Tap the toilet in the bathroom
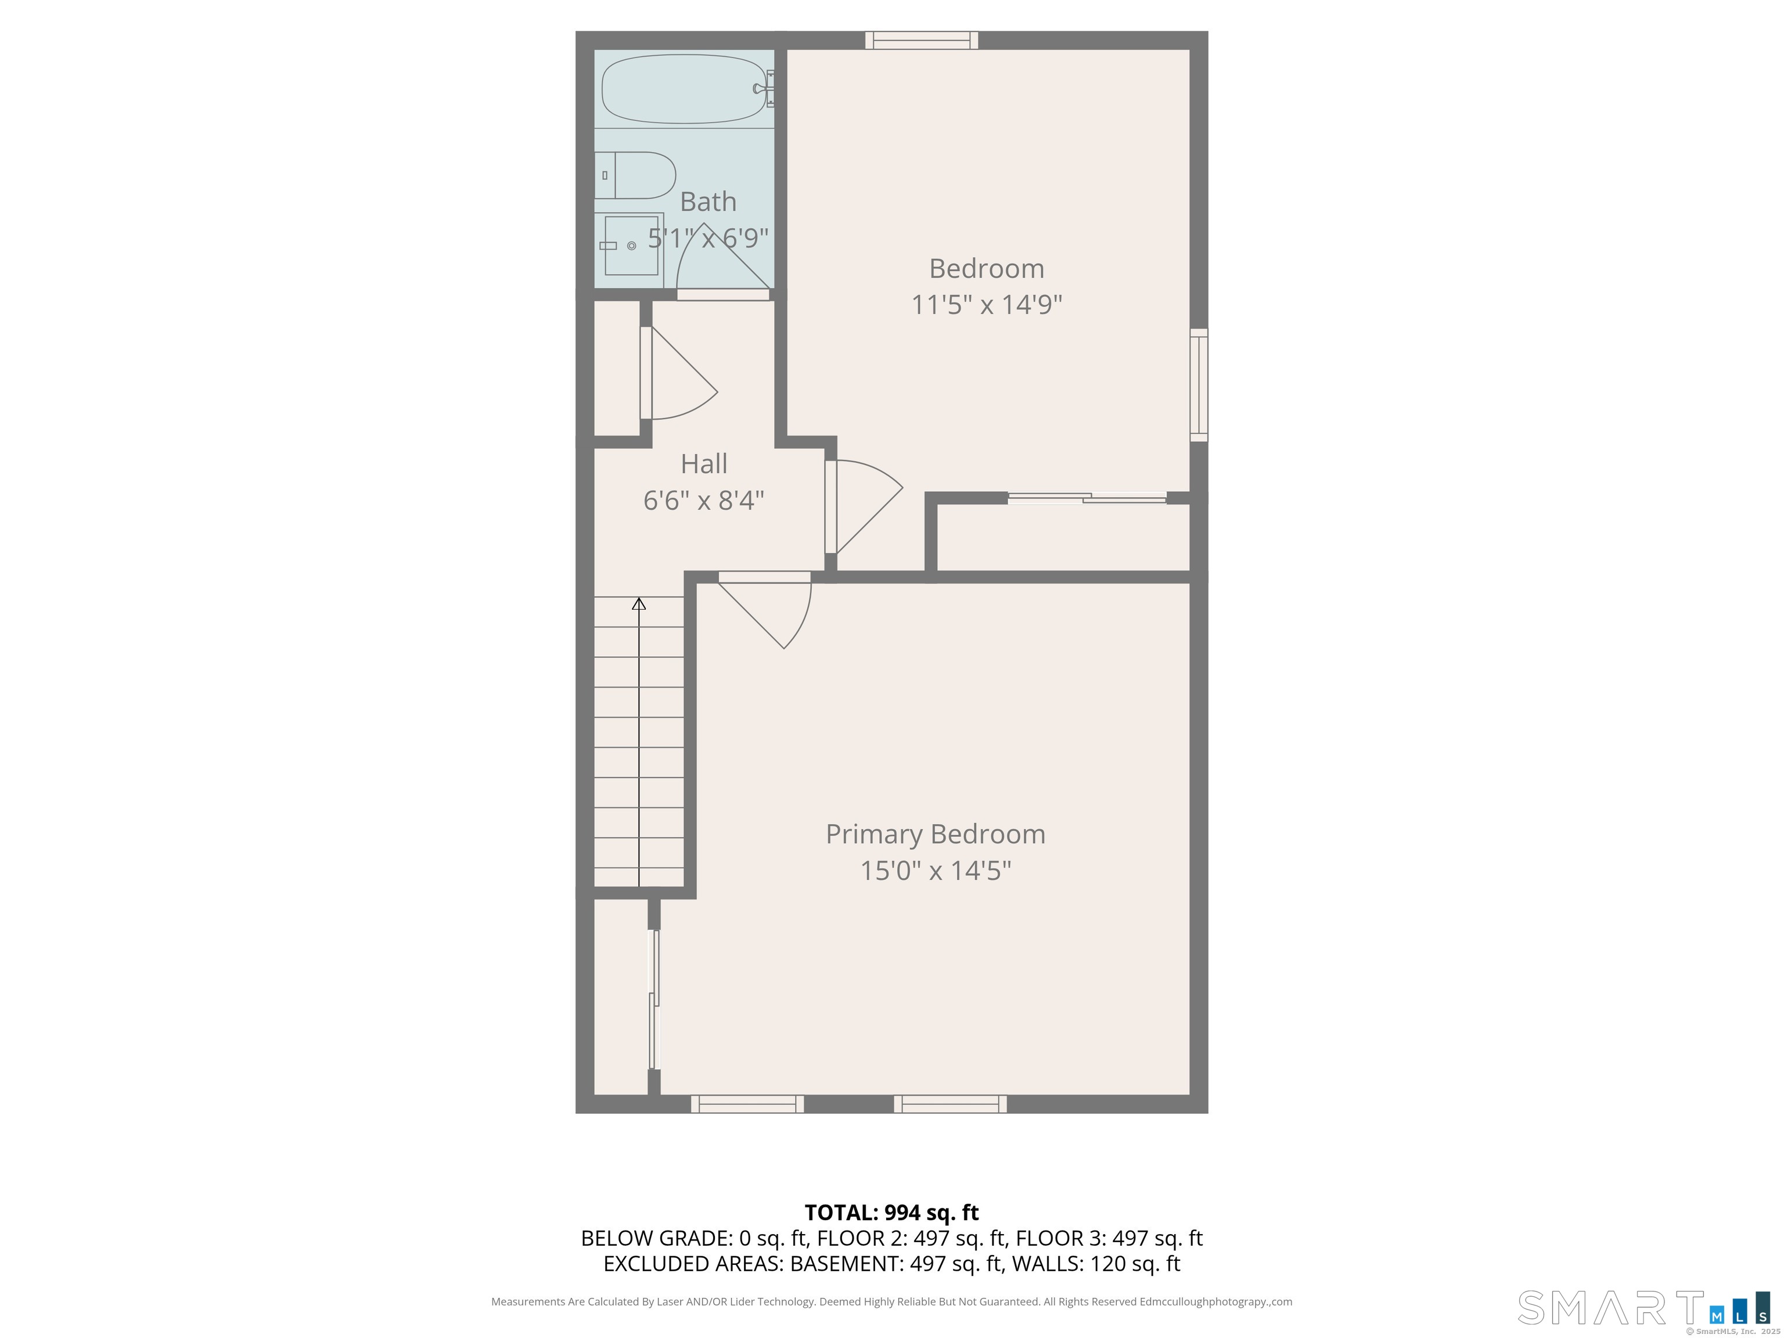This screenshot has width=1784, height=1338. pyautogui.click(x=635, y=175)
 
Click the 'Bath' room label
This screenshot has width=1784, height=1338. pyautogui.click(x=708, y=201)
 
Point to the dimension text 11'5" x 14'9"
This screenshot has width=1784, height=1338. pyautogui.click(x=986, y=305)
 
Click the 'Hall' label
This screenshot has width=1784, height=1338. pyautogui.click(x=704, y=464)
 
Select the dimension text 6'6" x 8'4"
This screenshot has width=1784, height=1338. pyautogui.click(x=704, y=501)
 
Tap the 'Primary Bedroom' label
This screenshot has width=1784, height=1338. pyautogui.click(x=936, y=834)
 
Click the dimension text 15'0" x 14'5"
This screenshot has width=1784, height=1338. pyautogui.click(x=936, y=871)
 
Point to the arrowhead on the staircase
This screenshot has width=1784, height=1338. pyautogui.click(x=639, y=603)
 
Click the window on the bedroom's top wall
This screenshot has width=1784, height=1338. pyautogui.click(x=922, y=40)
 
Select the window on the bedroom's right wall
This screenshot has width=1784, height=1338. pyautogui.click(x=1199, y=384)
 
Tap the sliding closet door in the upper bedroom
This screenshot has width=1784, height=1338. pyautogui.click(x=1087, y=498)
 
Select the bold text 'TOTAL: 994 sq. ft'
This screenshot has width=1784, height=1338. pyautogui.click(x=891, y=1212)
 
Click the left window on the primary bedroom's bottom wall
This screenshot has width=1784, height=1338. pyautogui.click(x=747, y=1104)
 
